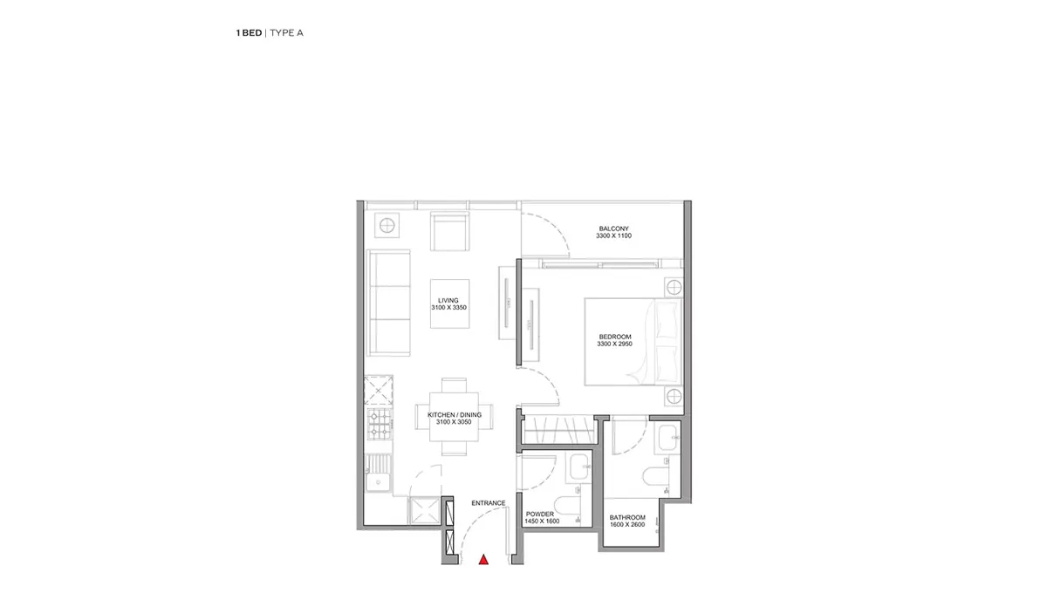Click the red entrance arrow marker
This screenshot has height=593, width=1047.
tap(483, 559)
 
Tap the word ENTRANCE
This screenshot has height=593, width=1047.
tap(489, 503)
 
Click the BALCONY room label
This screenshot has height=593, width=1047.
tap(613, 228)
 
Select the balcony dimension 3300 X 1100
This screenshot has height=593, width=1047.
tap(613, 236)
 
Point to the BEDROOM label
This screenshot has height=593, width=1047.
tap(615, 337)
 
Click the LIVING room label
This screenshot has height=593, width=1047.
tap(448, 301)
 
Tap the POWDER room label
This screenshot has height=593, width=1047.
tap(540, 514)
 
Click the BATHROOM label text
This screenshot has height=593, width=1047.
tap(627, 517)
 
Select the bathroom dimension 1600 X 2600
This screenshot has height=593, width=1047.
tap(627, 525)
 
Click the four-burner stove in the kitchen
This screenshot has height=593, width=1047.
tap(379, 424)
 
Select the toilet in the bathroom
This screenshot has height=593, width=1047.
tap(655, 478)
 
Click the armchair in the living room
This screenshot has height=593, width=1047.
tap(449, 231)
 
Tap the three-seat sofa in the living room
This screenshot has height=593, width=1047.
tap(389, 303)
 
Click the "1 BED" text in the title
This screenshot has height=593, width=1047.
tap(249, 33)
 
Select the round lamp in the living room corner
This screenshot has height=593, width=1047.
tap(387, 226)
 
